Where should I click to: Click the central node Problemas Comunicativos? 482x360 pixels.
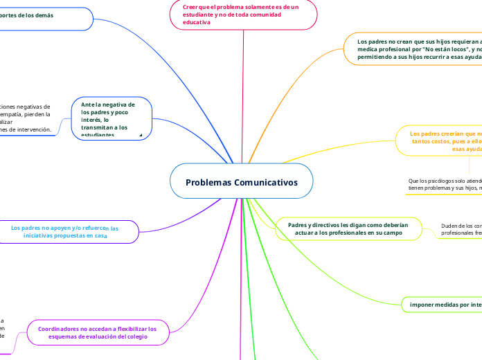tap(241, 182)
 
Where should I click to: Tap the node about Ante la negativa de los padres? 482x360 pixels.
tap(111, 118)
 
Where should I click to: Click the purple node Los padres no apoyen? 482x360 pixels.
tap(65, 232)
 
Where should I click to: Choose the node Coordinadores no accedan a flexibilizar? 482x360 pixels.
tap(97, 333)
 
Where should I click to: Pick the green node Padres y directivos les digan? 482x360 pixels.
tap(348, 229)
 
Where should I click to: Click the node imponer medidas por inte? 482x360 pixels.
tap(444, 304)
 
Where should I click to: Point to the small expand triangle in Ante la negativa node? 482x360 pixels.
tap(141, 134)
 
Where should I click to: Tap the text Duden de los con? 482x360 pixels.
tap(461, 226)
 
